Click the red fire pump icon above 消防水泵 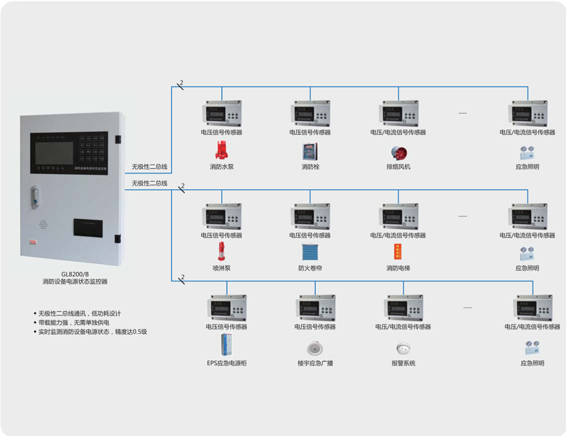coord(221,151)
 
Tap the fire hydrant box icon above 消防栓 coord(310,152)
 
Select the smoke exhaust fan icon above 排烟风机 coord(398,152)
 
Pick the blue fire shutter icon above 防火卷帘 coord(310,252)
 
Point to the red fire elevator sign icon coord(398,252)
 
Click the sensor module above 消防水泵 coord(221,113)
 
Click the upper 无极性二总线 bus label coord(149,167)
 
